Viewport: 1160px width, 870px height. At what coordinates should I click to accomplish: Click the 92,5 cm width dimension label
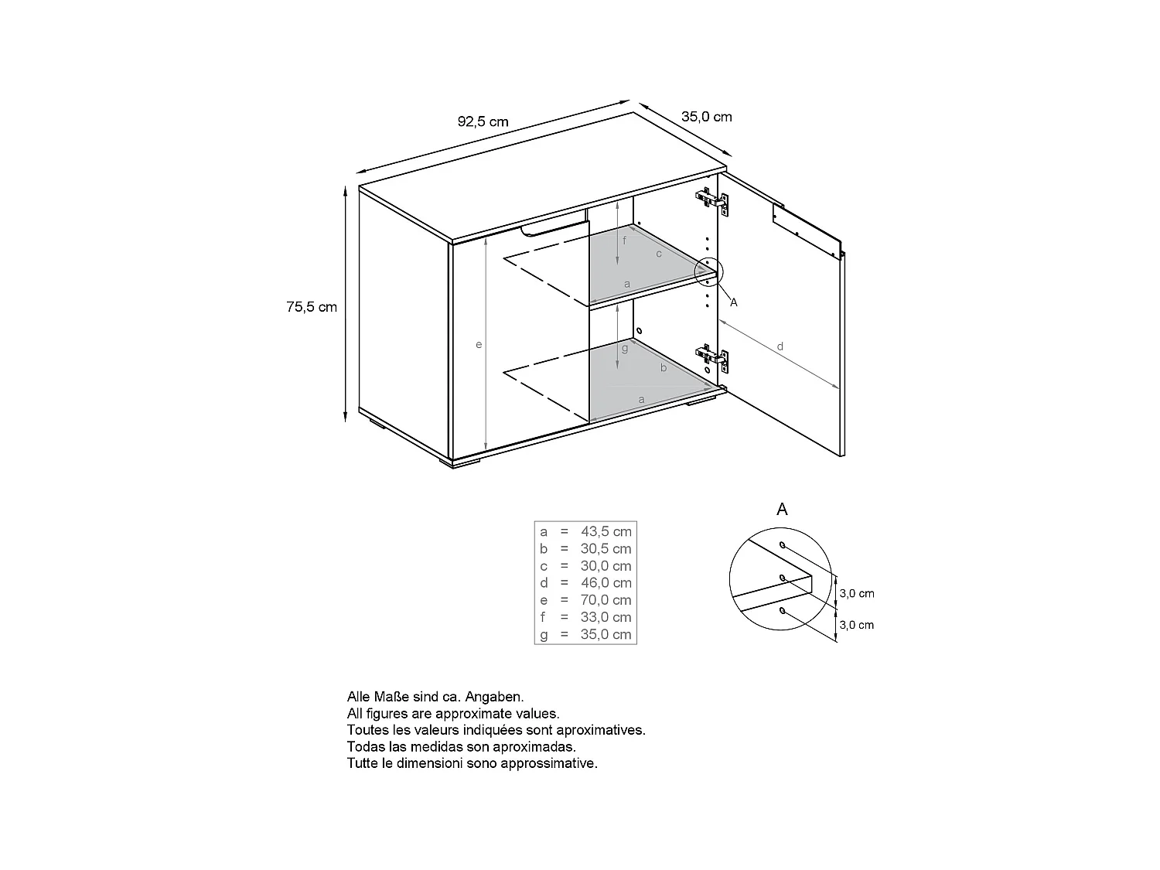pyautogui.click(x=483, y=121)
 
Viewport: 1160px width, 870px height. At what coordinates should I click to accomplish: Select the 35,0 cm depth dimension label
pyautogui.click(x=706, y=117)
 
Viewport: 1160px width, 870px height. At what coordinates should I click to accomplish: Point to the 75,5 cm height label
pyautogui.click(x=312, y=307)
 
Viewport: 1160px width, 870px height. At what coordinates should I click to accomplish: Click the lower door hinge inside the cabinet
pyautogui.click(x=712, y=357)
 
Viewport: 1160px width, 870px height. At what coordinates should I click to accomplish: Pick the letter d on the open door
pyautogui.click(x=780, y=346)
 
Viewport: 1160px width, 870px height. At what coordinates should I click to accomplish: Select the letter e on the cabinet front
pyautogui.click(x=479, y=344)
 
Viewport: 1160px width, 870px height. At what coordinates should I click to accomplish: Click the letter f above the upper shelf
pyautogui.click(x=625, y=241)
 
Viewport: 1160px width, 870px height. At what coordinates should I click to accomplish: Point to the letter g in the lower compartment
pyautogui.click(x=625, y=348)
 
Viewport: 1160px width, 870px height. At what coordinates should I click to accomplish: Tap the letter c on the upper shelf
pyautogui.click(x=659, y=254)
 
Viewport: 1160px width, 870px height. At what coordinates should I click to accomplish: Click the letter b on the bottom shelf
pyautogui.click(x=664, y=368)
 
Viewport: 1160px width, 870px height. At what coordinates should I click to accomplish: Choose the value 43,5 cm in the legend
pyautogui.click(x=606, y=531)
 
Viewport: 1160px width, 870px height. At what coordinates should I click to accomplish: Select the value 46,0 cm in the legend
pyautogui.click(x=606, y=583)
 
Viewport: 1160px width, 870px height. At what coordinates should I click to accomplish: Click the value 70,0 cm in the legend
pyautogui.click(x=606, y=600)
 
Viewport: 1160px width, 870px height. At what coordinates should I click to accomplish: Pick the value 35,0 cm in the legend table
pyautogui.click(x=606, y=635)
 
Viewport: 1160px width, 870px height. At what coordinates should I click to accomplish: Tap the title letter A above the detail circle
pyautogui.click(x=782, y=510)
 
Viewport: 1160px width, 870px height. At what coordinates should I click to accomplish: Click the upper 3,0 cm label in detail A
pyautogui.click(x=857, y=594)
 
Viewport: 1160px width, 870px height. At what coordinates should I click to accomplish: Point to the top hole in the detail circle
pyautogui.click(x=783, y=544)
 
